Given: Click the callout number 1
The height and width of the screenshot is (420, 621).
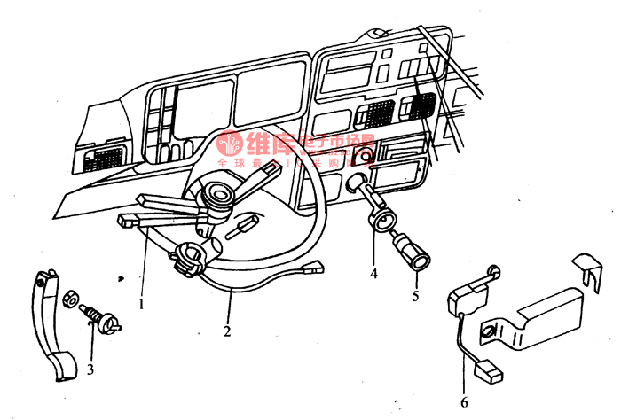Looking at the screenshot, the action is point(141,302).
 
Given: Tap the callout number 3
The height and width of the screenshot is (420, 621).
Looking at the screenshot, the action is point(90,367).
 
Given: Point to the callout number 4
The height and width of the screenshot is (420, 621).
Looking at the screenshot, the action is point(373,275).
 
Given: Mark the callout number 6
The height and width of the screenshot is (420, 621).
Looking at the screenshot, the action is point(463,401).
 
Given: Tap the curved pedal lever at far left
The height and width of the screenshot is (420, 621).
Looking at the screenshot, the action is point(48,328).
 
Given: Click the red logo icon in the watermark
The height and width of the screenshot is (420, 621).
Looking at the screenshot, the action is point(232,144).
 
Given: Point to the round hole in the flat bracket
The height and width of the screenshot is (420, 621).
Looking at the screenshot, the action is point(487,332).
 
